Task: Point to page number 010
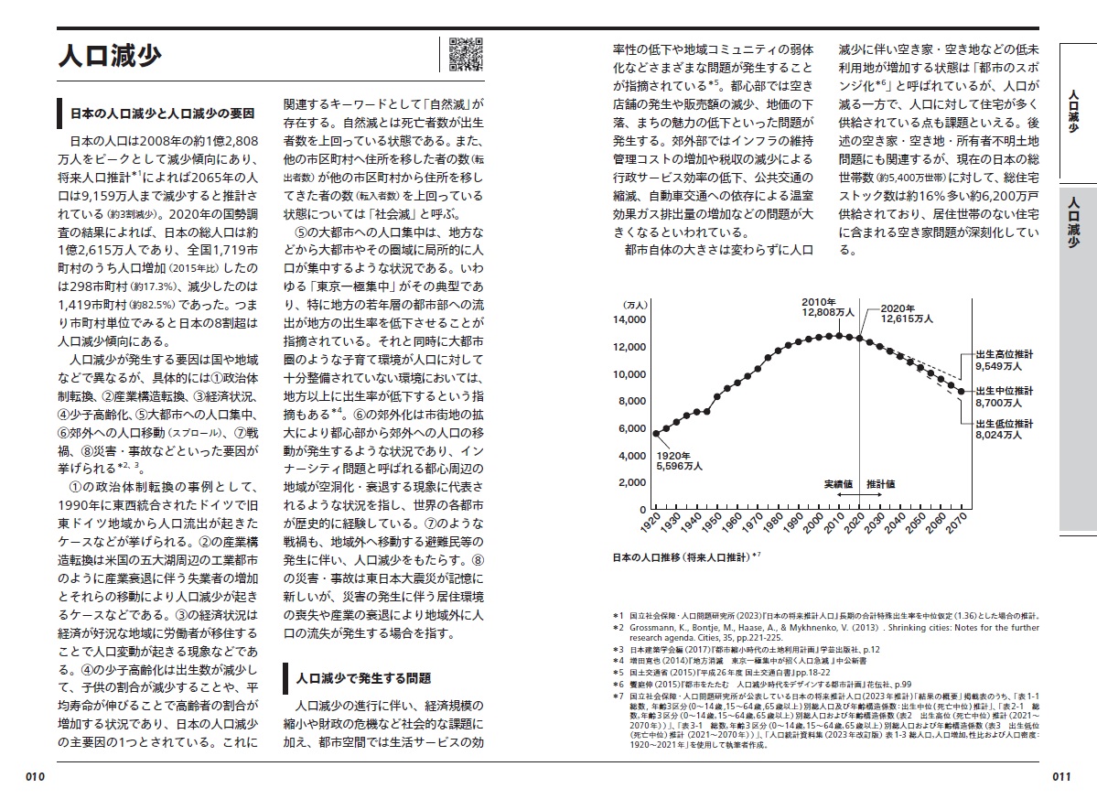[36, 776]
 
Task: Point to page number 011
[1060, 776]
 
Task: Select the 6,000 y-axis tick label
[632, 428]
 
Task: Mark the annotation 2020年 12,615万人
[907, 313]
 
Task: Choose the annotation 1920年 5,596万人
[679, 460]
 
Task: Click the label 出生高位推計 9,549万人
[1004, 358]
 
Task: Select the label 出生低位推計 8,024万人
[1004, 430]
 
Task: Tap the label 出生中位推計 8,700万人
[1004, 396]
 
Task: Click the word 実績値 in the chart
[837, 482]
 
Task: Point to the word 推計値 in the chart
[880, 482]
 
